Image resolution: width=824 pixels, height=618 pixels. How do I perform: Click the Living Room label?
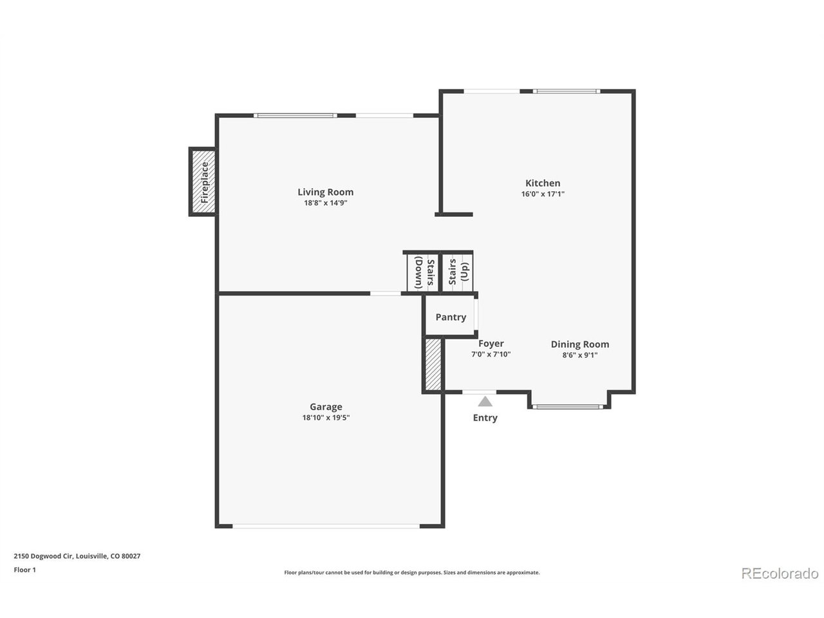(325, 192)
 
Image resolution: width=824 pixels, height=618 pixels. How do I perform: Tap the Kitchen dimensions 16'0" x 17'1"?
(543, 194)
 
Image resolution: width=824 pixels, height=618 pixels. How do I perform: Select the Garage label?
(326, 407)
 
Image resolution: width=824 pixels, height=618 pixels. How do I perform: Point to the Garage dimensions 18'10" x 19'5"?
(326, 417)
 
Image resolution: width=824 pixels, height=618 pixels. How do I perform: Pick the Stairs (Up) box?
(458, 272)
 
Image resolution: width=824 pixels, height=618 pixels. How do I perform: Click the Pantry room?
(451, 317)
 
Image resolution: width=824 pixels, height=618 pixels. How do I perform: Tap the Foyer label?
(491, 344)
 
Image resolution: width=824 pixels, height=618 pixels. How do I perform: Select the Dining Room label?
(579, 344)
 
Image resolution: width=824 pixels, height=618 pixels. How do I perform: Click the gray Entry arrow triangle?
(485, 402)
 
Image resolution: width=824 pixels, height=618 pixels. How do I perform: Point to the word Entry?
(485, 418)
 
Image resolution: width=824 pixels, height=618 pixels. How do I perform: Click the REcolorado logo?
(779, 573)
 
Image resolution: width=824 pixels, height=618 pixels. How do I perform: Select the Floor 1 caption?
(24, 570)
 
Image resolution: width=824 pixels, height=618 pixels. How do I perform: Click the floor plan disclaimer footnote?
(412, 572)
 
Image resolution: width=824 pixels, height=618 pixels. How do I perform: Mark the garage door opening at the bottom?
(326, 526)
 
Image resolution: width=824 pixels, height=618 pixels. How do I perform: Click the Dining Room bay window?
(568, 407)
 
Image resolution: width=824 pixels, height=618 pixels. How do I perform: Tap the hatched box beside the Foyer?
(433, 365)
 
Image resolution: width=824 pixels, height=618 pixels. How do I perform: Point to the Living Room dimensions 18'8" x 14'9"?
(325, 203)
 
